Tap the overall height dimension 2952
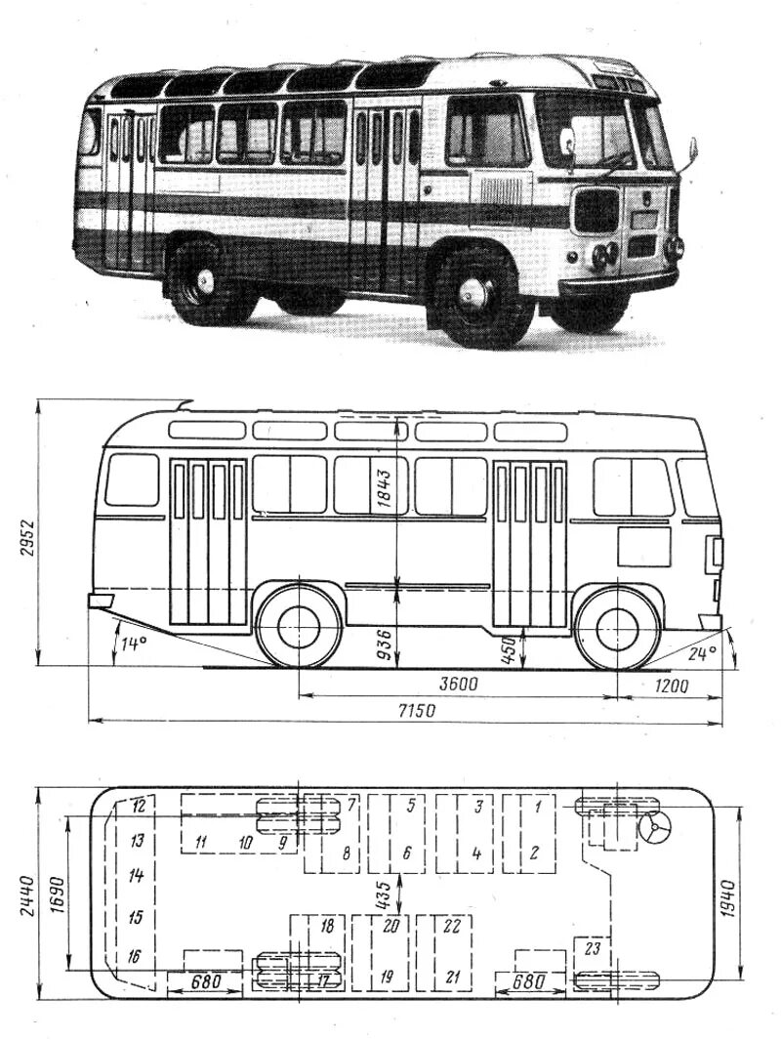point(27,536)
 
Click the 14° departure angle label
point(133,643)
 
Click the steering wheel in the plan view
point(654,827)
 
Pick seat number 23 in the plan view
point(592,946)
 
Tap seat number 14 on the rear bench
point(136,876)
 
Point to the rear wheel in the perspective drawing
point(205,282)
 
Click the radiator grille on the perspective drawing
point(596,209)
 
